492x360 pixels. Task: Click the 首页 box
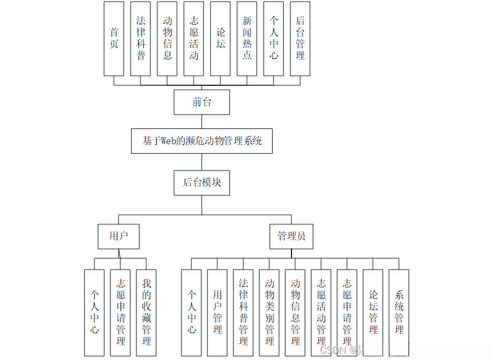click(x=114, y=38)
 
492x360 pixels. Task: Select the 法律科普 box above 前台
click(x=140, y=38)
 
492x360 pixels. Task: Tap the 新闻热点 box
click(x=247, y=38)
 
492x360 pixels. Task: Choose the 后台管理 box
click(x=300, y=38)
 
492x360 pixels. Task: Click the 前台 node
click(x=202, y=102)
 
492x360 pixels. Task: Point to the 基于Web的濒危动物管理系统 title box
click(x=202, y=141)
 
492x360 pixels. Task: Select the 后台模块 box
click(x=202, y=183)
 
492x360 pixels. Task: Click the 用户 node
click(x=118, y=236)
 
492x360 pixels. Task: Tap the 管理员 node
click(x=291, y=236)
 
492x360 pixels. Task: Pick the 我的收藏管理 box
click(x=146, y=313)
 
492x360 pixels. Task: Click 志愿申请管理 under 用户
click(x=121, y=313)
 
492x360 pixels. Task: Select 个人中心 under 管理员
click(x=192, y=313)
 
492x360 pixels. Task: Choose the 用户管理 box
click(x=217, y=313)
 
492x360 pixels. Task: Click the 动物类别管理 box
click(x=269, y=313)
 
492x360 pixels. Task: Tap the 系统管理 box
click(x=399, y=313)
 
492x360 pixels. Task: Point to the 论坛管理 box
click(x=373, y=313)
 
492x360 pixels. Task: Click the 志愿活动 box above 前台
click(x=194, y=38)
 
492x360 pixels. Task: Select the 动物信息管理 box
click(x=295, y=313)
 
